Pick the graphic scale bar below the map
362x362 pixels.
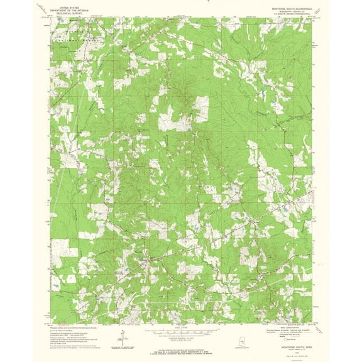[181, 332]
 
